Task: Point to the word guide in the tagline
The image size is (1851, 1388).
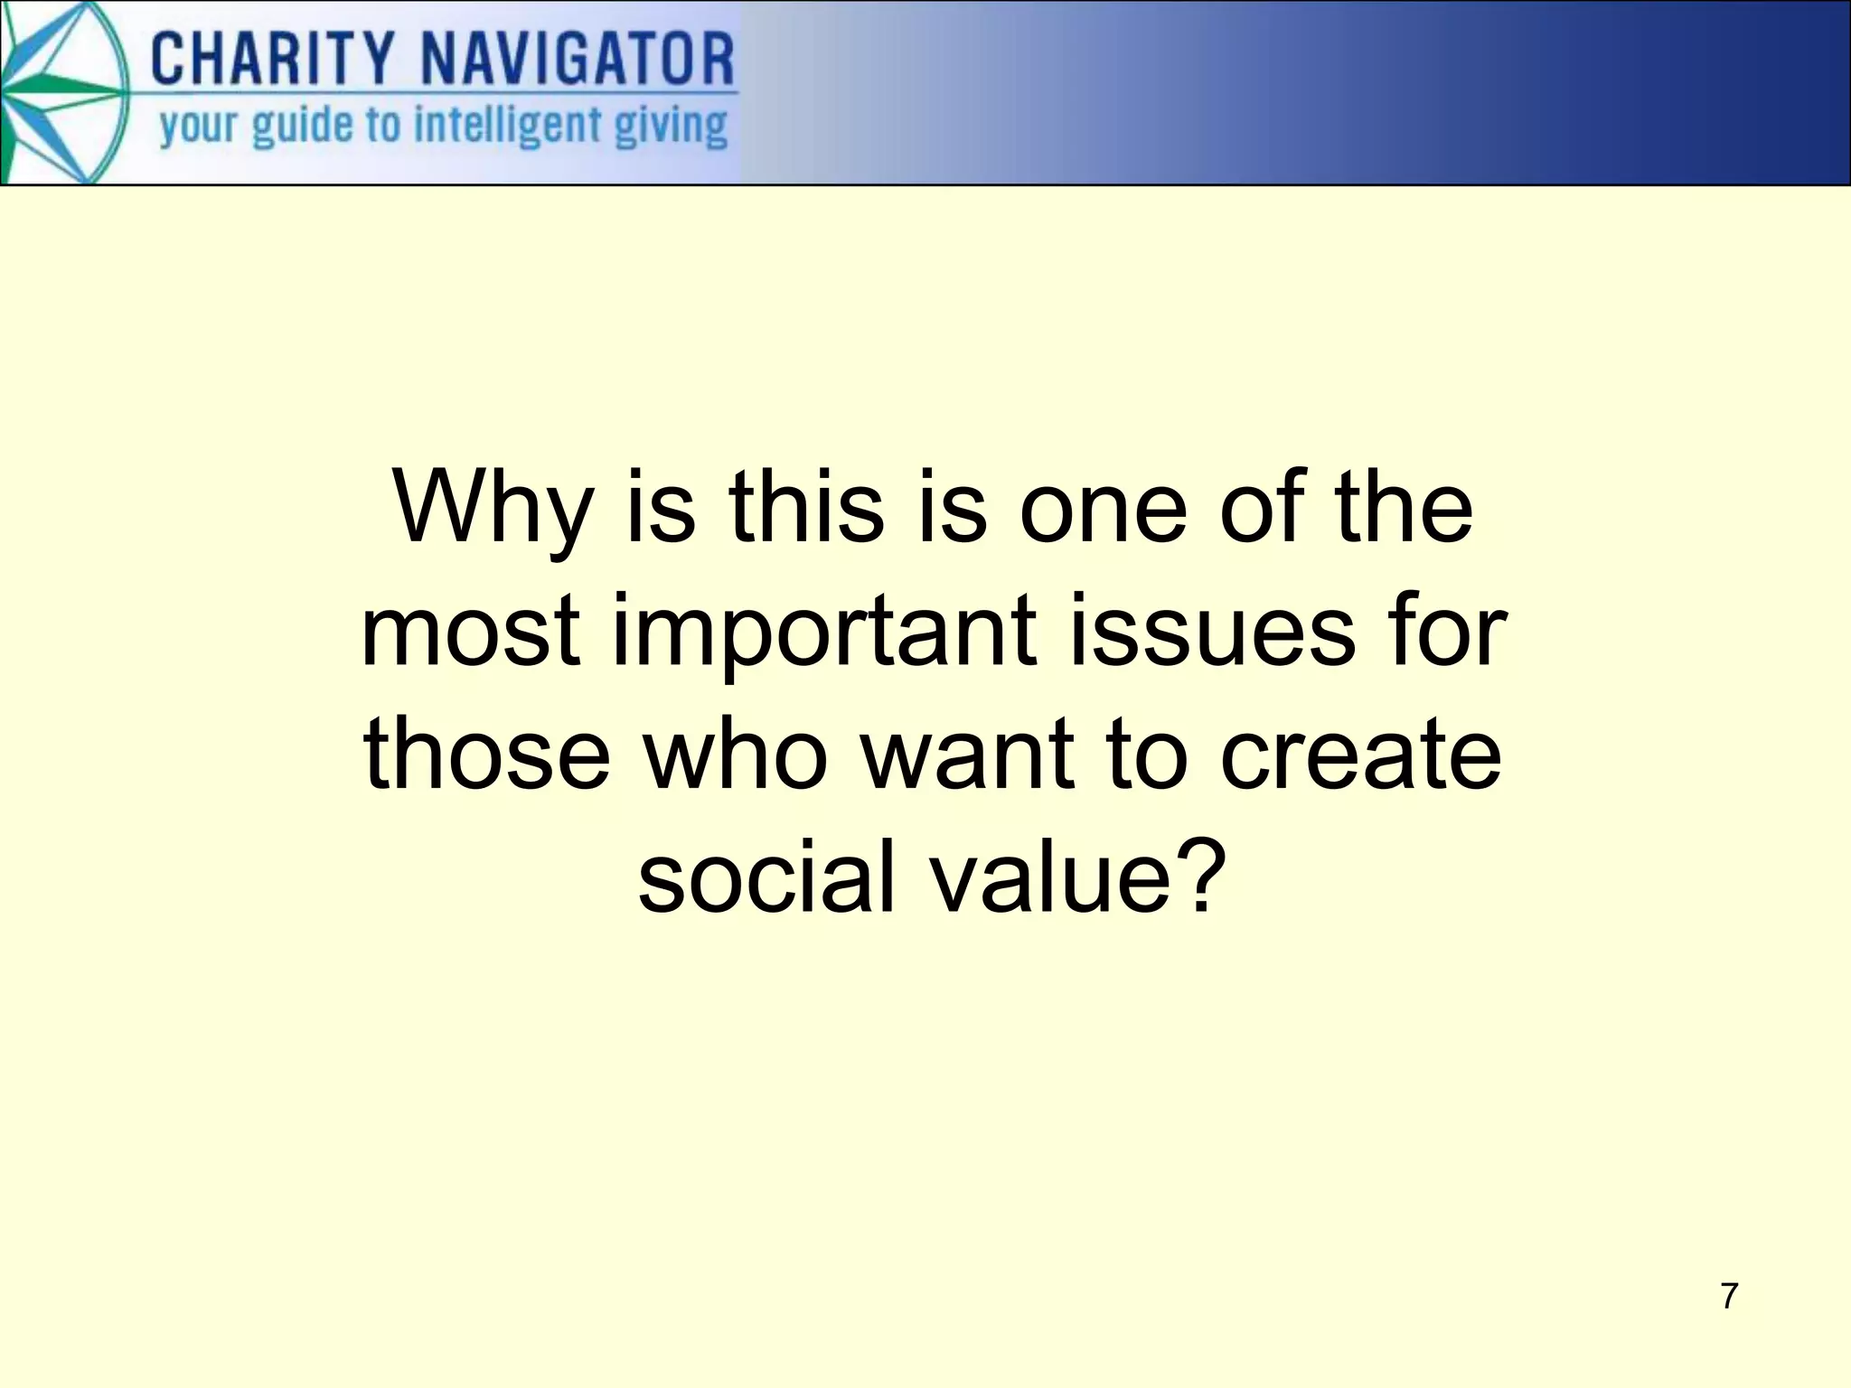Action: (x=302, y=127)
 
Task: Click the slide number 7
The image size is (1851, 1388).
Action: (x=1729, y=1296)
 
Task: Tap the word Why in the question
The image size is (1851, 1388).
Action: (x=493, y=511)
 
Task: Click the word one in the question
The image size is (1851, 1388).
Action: (x=1104, y=511)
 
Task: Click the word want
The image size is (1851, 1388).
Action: (x=968, y=755)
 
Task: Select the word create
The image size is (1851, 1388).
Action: (x=1361, y=755)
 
